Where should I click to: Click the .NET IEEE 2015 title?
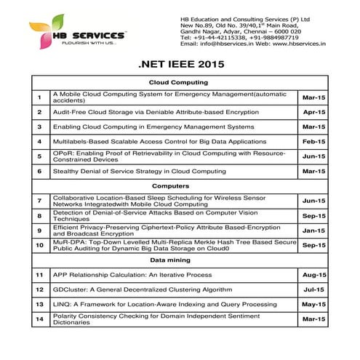click(180, 65)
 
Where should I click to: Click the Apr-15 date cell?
click(313, 112)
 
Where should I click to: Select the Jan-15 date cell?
click(313, 231)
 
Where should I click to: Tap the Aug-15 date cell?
click(313, 275)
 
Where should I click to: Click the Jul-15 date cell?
click(313, 289)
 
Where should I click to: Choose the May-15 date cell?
click(313, 304)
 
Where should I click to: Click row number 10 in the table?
click(39, 246)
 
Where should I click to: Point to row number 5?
click(39, 156)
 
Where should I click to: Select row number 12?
click(39, 289)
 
